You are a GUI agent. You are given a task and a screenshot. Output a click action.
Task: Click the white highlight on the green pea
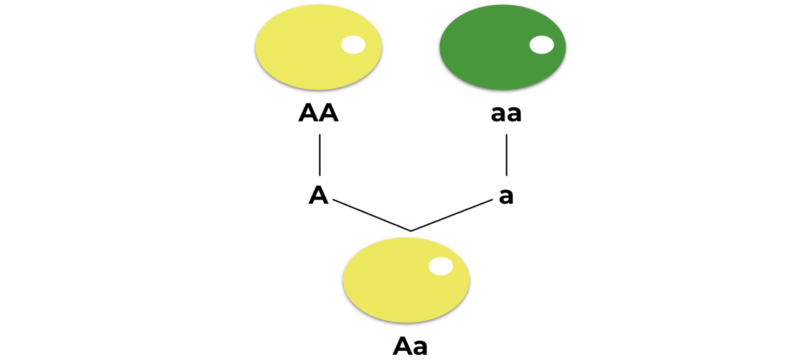pos(541,45)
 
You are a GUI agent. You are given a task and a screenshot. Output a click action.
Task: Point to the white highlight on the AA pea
pos(353,45)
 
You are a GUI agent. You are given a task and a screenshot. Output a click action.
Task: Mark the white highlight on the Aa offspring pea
pos(441,266)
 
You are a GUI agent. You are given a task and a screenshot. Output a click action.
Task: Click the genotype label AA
pos(318,113)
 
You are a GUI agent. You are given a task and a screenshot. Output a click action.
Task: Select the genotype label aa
pos(506,114)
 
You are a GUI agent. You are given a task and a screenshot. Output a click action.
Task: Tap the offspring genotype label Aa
pos(410,346)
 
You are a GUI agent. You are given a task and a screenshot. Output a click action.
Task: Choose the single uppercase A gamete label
pos(318,195)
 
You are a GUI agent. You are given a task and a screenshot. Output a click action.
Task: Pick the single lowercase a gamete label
pos(506,197)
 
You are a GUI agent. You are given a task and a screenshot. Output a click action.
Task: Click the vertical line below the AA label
pos(320,155)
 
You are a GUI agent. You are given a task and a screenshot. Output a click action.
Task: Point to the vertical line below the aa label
pos(506,155)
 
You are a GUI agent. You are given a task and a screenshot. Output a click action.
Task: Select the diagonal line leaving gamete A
pos(371,215)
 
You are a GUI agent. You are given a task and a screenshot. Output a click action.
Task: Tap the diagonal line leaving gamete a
pos(452,215)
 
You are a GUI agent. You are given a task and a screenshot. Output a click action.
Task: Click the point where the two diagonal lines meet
pos(411,231)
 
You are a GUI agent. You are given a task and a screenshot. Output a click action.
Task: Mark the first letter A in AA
pos(308,113)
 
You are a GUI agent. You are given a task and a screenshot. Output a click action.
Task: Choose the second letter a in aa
pos(514,114)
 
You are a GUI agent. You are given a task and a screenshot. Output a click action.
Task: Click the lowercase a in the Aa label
pos(420,347)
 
